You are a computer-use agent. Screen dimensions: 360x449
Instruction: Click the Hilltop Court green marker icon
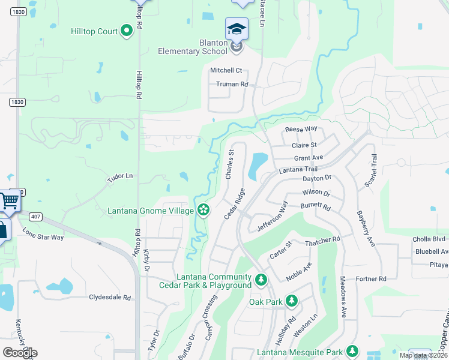point(127,30)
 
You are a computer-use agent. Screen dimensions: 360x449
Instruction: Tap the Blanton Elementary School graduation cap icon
point(237,29)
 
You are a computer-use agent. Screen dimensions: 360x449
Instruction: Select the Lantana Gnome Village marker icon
point(203,210)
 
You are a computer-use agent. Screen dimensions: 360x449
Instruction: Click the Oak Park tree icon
point(291,300)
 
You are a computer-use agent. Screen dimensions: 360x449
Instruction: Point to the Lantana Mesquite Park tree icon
point(352,351)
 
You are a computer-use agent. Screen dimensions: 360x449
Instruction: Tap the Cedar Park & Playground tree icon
point(261,280)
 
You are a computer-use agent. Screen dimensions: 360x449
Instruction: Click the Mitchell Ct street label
point(226,70)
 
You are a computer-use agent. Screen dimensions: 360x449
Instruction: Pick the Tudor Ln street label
point(119,176)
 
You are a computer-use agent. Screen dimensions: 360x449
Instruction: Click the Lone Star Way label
point(43,233)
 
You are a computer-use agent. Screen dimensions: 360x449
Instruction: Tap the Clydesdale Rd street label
point(110,297)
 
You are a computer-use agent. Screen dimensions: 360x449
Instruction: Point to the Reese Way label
point(301,129)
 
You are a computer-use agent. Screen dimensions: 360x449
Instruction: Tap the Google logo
point(20,352)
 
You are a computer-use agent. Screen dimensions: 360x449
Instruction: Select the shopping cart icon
point(9,201)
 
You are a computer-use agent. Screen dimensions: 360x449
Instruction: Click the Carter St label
point(280,249)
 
